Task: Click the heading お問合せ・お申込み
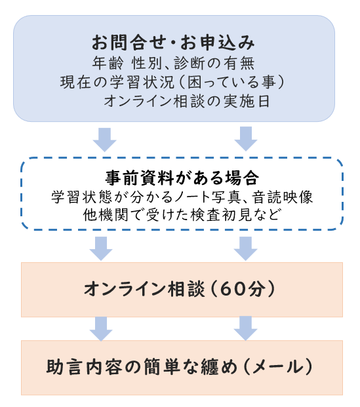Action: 173,43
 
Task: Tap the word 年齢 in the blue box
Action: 108,63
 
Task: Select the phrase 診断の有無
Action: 214,63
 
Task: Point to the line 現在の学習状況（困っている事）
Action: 172,83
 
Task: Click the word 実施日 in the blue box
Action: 247,101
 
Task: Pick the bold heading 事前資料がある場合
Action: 182,178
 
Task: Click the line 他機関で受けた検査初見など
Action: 182,215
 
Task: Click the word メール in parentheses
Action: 278,367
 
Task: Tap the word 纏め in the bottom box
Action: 220,367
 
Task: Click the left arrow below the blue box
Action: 105,140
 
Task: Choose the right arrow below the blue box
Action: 246,139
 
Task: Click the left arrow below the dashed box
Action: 101,248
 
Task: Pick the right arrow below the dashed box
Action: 246,248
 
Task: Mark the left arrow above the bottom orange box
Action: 101,328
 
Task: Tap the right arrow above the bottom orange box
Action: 246,328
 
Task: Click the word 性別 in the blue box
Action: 147,63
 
